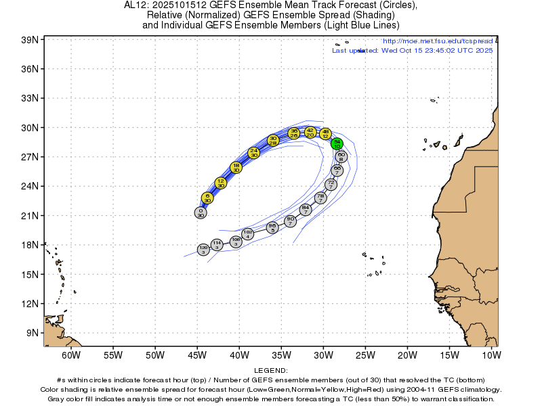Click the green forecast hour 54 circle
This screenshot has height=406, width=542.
[x=337, y=143]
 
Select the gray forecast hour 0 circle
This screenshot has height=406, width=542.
[x=201, y=212]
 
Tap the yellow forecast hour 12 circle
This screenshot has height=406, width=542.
[x=221, y=183]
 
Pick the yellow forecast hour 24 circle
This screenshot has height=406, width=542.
[x=254, y=153]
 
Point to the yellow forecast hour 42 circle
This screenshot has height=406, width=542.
[x=310, y=132]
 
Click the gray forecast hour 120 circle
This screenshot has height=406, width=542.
[x=203, y=250]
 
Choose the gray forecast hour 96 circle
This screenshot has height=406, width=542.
[x=272, y=227]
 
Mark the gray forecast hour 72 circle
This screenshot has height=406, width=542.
[x=331, y=184]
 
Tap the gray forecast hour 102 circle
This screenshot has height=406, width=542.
[x=248, y=234]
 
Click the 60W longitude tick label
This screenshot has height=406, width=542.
[x=71, y=355]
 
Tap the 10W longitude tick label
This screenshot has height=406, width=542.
[x=491, y=355]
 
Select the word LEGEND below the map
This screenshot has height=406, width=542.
[x=271, y=371]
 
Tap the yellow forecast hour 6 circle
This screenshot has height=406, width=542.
[x=207, y=198]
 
